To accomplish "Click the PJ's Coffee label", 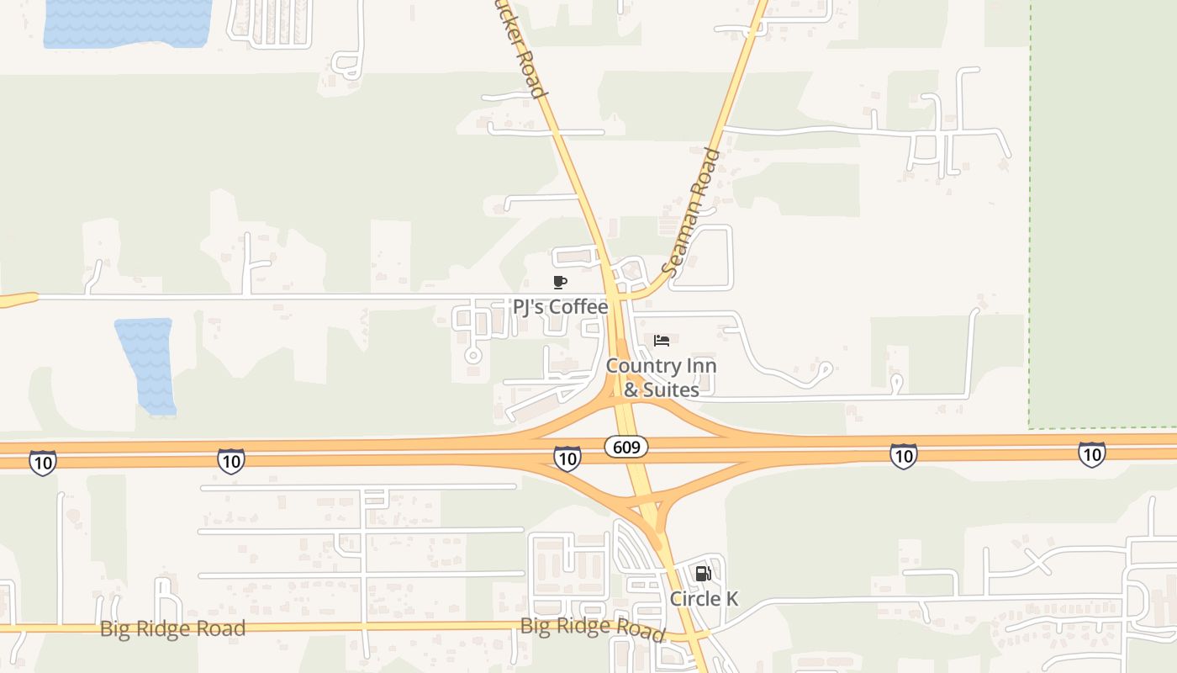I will click(x=560, y=307).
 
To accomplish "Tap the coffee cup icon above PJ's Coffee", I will click(x=560, y=282).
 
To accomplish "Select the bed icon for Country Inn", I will click(x=662, y=341).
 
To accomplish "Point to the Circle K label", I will click(x=704, y=599).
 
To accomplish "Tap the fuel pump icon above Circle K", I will click(x=703, y=574).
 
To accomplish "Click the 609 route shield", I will click(x=626, y=448).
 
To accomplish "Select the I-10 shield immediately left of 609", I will click(x=567, y=458).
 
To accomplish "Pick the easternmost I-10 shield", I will click(x=1091, y=454).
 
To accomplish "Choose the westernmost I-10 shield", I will click(x=42, y=462).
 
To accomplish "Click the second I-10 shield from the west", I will click(x=230, y=461).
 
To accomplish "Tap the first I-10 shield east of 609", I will click(x=903, y=456).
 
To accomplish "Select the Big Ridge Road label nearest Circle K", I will click(x=592, y=628).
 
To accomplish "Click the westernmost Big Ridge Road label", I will click(x=172, y=629).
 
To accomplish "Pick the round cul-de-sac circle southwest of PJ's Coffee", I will click(x=473, y=356).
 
